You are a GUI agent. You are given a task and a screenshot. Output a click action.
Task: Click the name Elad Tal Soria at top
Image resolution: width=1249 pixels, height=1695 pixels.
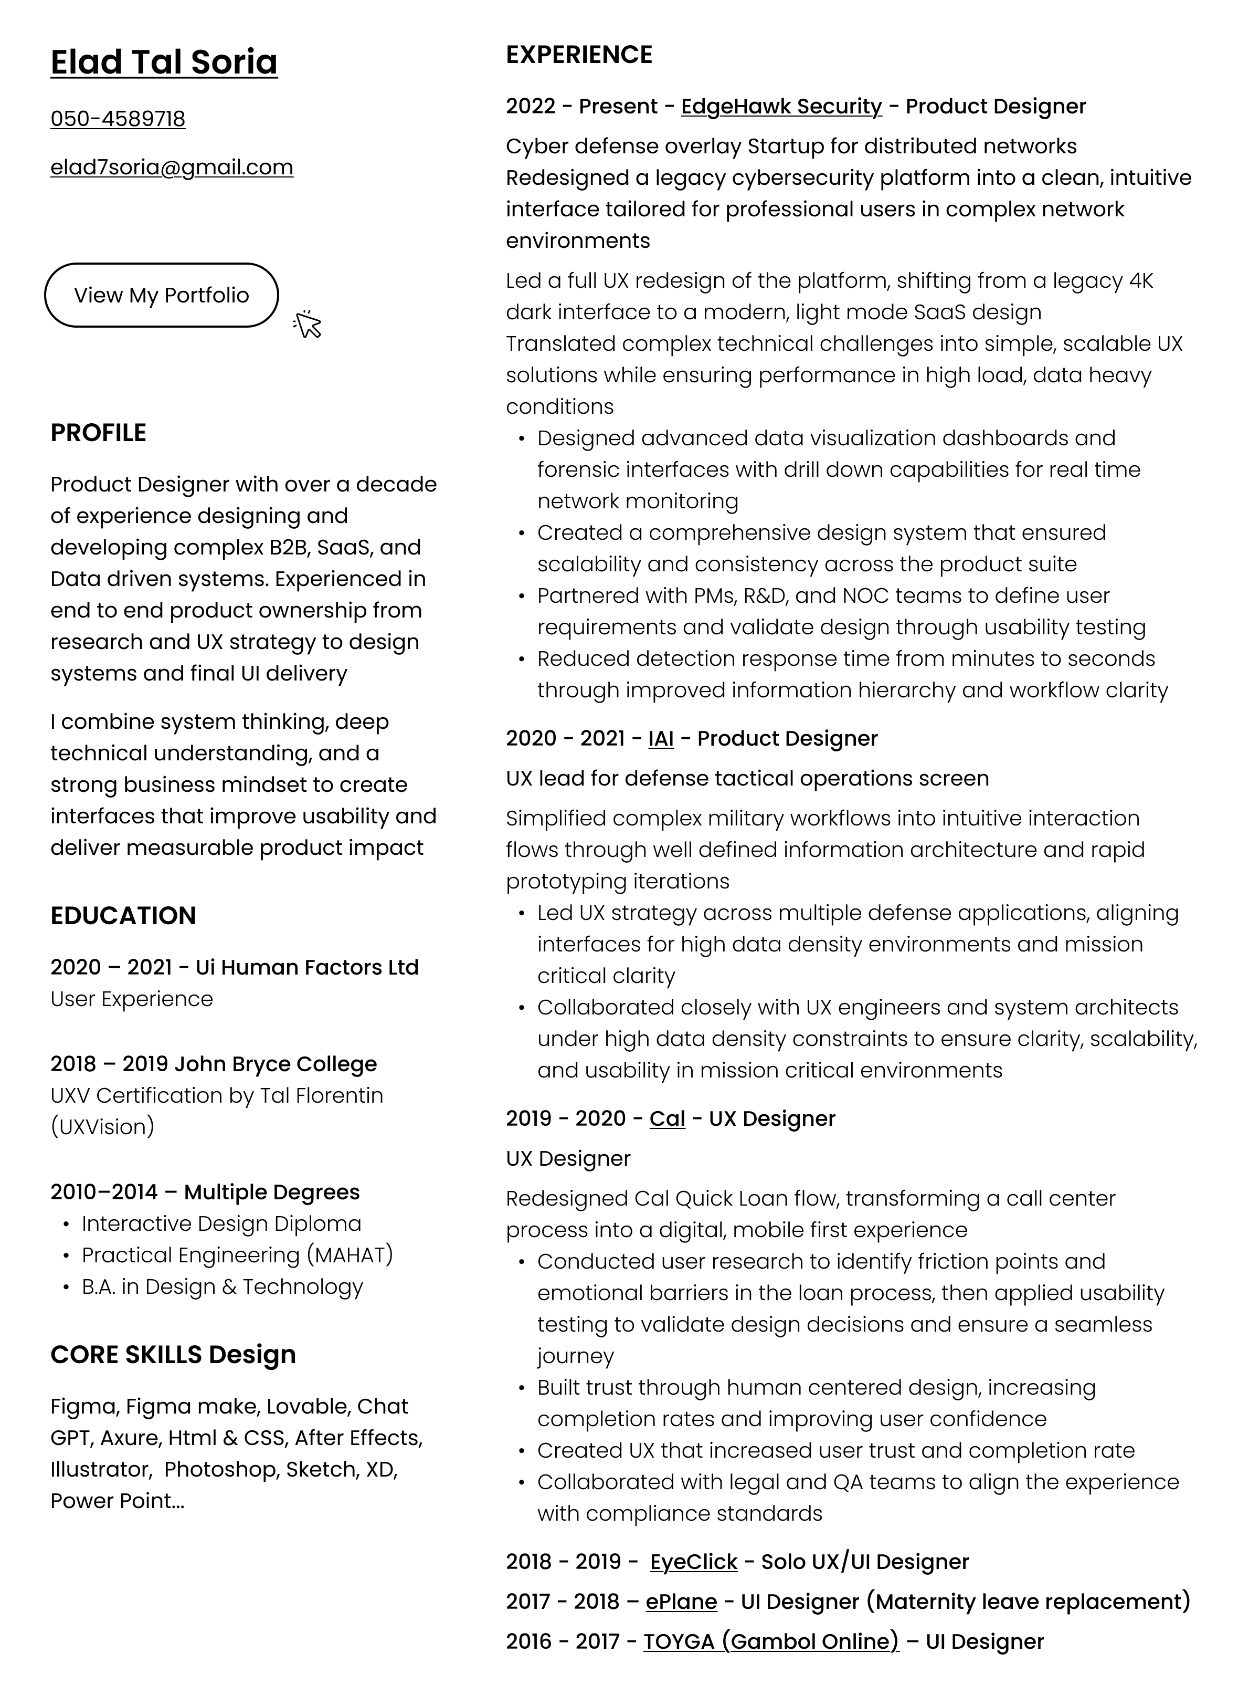164,62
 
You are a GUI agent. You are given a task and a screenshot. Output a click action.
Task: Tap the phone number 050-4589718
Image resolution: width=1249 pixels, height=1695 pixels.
118,119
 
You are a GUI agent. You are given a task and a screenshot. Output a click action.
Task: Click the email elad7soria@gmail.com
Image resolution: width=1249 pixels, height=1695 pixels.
172,167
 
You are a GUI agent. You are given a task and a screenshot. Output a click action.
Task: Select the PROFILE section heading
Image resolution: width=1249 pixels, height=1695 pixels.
98,433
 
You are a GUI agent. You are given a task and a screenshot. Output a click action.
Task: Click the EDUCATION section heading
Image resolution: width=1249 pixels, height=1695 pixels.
123,915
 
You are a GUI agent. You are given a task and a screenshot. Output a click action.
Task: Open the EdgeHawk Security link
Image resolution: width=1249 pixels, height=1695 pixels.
781,107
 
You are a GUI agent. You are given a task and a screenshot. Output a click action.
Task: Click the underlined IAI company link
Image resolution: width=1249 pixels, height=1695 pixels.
661,738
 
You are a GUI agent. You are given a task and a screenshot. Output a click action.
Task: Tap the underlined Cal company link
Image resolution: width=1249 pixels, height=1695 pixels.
667,1118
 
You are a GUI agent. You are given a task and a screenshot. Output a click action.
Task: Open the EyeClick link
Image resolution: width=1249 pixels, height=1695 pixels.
693,1562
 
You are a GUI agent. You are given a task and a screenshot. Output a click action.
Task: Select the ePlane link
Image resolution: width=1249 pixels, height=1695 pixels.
681,1602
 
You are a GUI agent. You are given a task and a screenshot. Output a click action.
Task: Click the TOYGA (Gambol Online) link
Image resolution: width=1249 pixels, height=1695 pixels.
770,1642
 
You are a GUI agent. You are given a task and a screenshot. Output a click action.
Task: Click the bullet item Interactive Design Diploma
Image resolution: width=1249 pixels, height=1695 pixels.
221,1224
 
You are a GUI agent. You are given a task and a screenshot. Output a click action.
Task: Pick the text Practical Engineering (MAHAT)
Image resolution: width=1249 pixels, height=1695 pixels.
237,1255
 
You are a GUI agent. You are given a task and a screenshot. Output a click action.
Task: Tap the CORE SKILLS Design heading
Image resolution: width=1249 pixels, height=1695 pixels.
173,1355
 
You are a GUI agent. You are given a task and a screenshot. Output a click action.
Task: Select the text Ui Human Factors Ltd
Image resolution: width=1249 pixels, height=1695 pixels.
307,967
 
